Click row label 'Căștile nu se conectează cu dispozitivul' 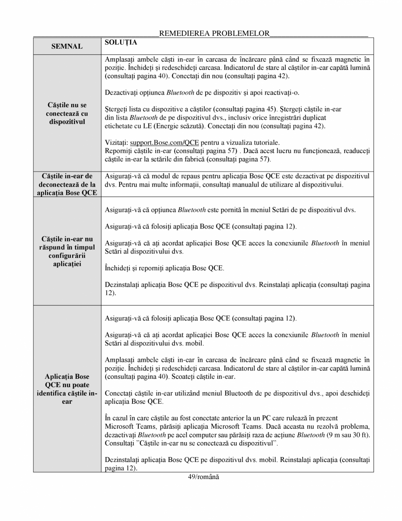point(67,113)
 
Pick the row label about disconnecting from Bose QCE point(67,184)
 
